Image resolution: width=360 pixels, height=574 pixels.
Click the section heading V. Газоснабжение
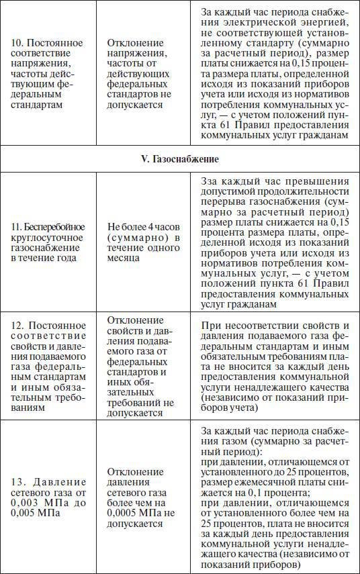(180, 160)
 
